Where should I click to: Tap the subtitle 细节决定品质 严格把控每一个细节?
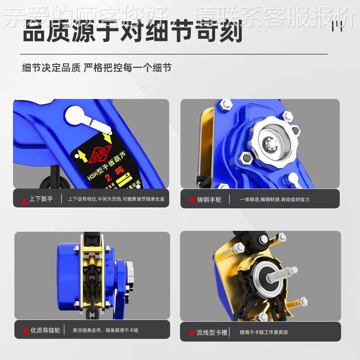point(97,68)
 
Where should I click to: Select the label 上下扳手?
point(41,198)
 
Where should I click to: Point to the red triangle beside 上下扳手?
point(24,199)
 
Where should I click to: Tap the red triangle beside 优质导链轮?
point(26,331)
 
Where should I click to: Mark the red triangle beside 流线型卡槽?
point(191,333)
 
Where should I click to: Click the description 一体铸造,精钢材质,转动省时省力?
point(274,199)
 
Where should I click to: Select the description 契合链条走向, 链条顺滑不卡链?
point(105,330)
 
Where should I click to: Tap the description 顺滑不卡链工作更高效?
point(264,333)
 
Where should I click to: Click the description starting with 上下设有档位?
point(116,198)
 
